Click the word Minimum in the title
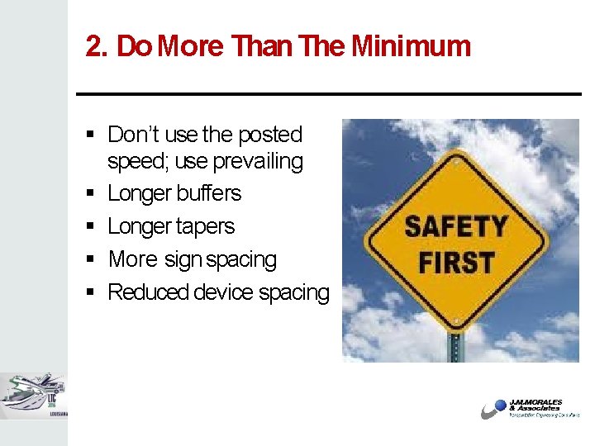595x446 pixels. [411, 46]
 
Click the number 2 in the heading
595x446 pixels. [93, 47]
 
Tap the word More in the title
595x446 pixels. [190, 46]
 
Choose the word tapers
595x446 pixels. [205, 226]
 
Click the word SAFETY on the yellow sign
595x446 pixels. [455, 226]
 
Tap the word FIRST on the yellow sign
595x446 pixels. [456, 263]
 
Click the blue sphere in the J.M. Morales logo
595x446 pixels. [499, 406]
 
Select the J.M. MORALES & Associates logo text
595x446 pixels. [538, 406]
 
